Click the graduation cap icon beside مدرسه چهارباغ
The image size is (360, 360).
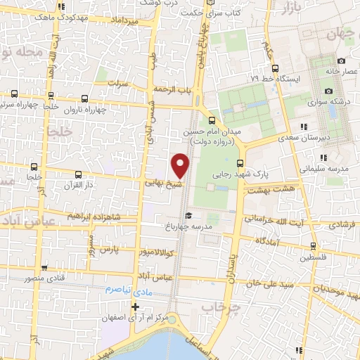187,217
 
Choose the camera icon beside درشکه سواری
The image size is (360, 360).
328,91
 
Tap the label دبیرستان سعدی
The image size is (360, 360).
278,139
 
